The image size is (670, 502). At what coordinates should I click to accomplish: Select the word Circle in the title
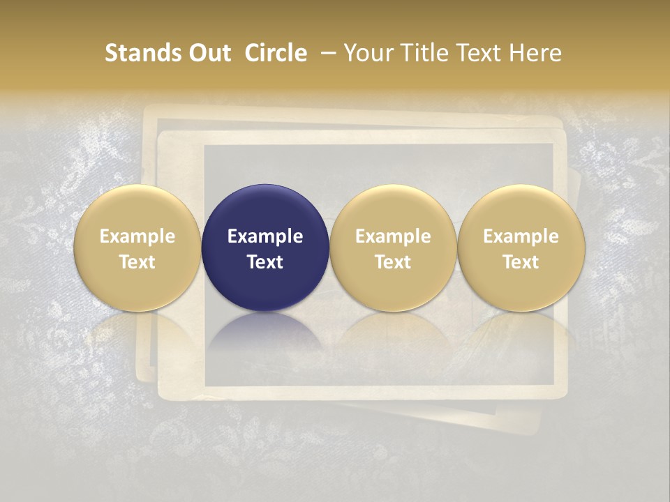click(276, 53)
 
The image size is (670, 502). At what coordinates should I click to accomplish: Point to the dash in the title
click(325, 53)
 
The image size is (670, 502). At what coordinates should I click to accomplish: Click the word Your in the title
click(367, 53)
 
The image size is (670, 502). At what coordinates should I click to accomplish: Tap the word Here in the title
click(535, 53)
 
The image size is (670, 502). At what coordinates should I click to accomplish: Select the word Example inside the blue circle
click(265, 236)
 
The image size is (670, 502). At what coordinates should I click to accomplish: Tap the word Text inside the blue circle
click(265, 262)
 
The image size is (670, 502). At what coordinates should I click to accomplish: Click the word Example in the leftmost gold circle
click(137, 236)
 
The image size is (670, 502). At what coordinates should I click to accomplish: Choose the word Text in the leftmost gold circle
click(137, 262)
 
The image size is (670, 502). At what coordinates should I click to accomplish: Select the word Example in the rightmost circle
click(521, 236)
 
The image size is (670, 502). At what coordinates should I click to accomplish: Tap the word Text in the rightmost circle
click(521, 262)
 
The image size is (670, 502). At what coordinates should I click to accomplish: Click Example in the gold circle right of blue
click(393, 236)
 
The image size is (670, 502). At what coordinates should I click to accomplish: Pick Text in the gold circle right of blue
click(393, 262)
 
